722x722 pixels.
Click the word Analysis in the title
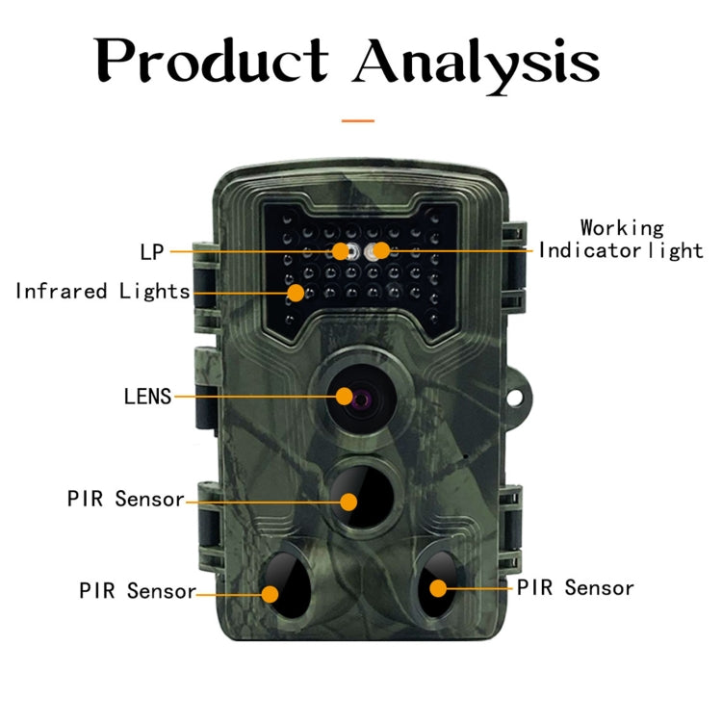coord(477,63)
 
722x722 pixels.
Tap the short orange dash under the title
coord(358,121)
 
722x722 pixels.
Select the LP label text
coord(152,252)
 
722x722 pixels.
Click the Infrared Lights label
coord(102,290)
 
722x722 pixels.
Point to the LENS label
coord(147,396)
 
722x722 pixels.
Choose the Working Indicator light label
coord(621,240)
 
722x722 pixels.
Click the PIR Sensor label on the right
coord(576,586)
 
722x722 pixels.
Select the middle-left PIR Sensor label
coord(125,499)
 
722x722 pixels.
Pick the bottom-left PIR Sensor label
coord(138,590)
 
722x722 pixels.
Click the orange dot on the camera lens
coord(346,396)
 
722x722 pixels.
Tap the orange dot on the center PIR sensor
coord(348,501)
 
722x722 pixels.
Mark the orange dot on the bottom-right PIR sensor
coord(438,587)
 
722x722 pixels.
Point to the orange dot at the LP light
coord(341,252)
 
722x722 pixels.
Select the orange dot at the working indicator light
coord(382,252)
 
